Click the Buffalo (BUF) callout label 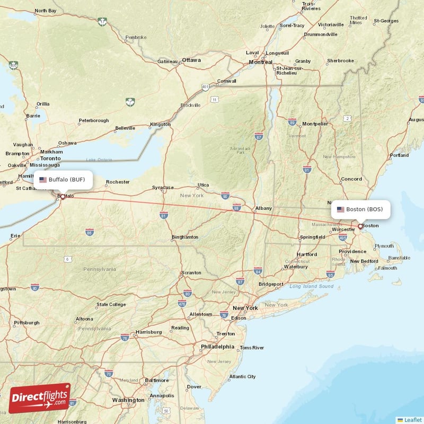(x=63, y=179)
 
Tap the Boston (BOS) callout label (x=360, y=209)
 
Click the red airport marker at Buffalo (x=63, y=197)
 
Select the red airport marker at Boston (x=360, y=226)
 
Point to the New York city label (x=245, y=307)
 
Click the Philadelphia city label (x=217, y=347)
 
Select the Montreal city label (x=260, y=62)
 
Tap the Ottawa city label (x=191, y=60)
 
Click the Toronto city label (x=51, y=158)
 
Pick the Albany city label (x=263, y=208)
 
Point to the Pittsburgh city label (x=26, y=322)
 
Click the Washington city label (x=128, y=400)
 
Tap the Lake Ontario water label (x=100, y=160)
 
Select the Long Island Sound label (x=311, y=287)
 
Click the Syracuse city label (x=163, y=187)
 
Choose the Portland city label (x=399, y=155)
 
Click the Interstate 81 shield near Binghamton (x=163, y=215)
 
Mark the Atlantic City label (x=242, y=377)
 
